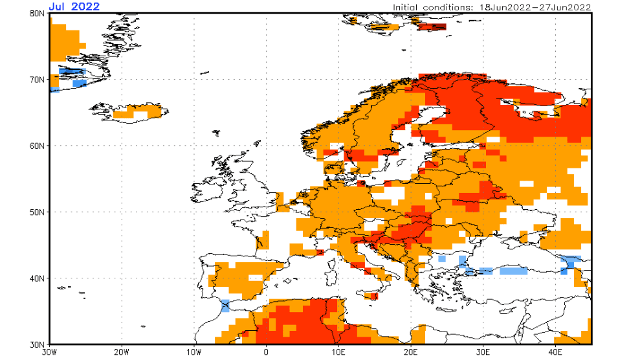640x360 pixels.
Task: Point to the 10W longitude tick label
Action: point(194,353)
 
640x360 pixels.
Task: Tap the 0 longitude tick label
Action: point(266,353)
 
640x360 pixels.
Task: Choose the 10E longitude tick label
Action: point(338,353)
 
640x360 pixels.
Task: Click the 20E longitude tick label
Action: point(410,353)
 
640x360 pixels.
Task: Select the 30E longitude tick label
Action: point(482,353)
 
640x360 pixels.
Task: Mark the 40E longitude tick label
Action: point(555,353)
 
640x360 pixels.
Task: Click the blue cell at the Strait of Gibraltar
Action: point(225,306)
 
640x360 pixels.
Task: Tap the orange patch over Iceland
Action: point(138,111)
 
